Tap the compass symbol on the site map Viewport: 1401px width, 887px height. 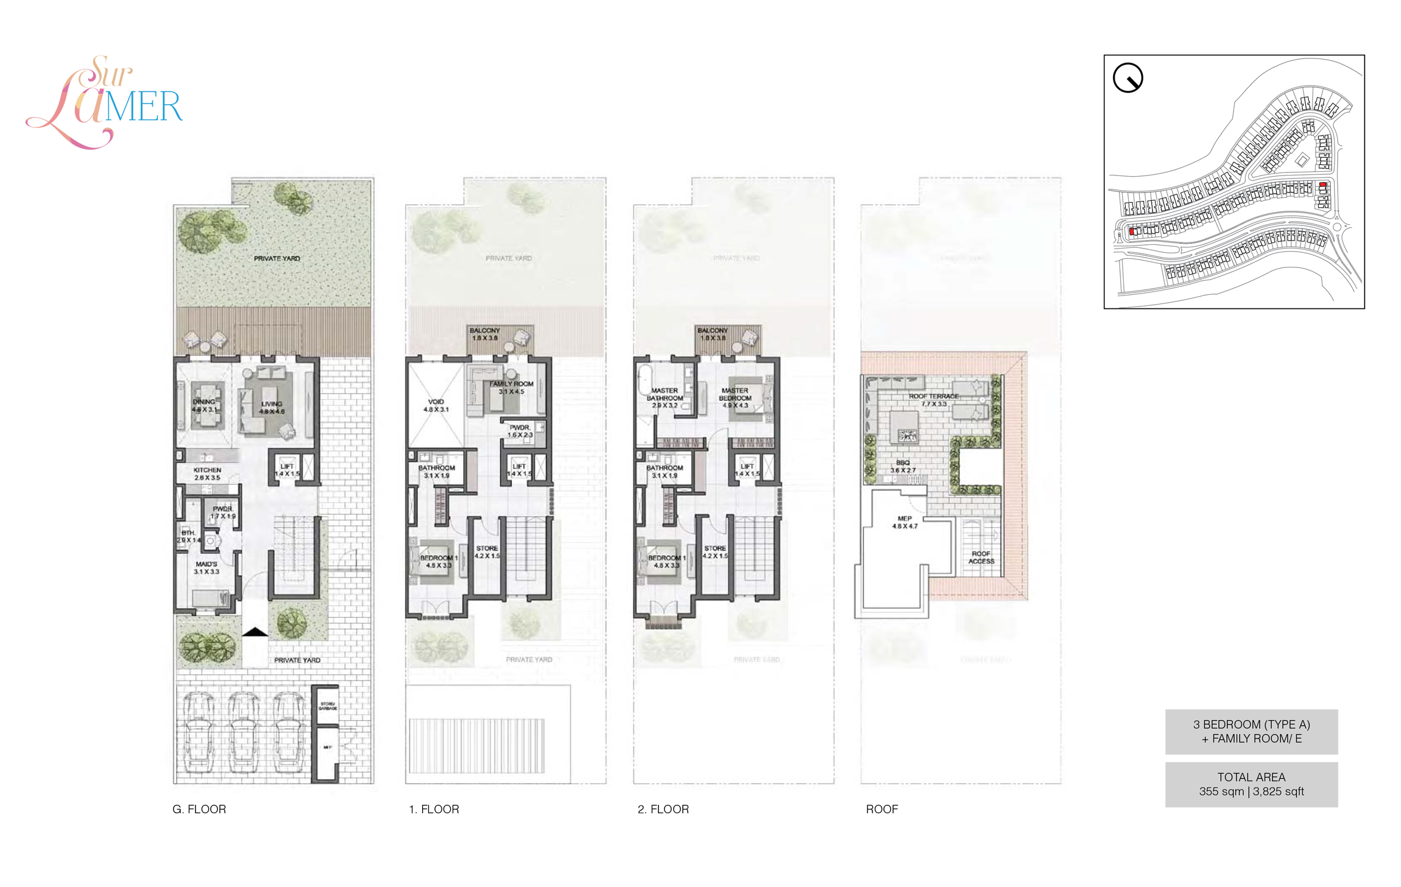pyautogui.click(x=1128, y=78)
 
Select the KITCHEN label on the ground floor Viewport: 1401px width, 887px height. pyautogui.click(x=207, y=470)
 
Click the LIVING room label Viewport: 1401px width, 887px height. pyautogui.click(x=272, y=404)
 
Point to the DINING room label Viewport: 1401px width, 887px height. pyautogui.click(x=203, y=402)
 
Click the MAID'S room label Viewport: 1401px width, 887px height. pyautogui.click(x=206, y=565)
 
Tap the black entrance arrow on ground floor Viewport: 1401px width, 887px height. pyautogui.click(x=255, y=632)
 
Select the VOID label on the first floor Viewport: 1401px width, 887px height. pyautogui.click(x=436, y=402)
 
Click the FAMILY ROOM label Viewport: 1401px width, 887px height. pyautogui.click(x=511, y=384)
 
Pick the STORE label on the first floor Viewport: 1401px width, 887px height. pyautogui.click(x=487, y=548)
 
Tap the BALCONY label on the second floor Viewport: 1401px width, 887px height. pyautogui.click(x=713, y=331)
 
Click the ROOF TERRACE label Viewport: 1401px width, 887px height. pyautogui.click(x=933, y=397)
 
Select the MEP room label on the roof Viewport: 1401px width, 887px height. pyautogui.click(x=905, y=519)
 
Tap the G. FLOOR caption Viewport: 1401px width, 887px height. pyautogui.click(x=199, y=809)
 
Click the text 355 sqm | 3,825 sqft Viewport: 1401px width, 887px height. pyautogui.click(x=1251, y=791)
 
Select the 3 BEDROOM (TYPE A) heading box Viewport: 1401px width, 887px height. pyautogui.click(x=1251, y=731)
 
